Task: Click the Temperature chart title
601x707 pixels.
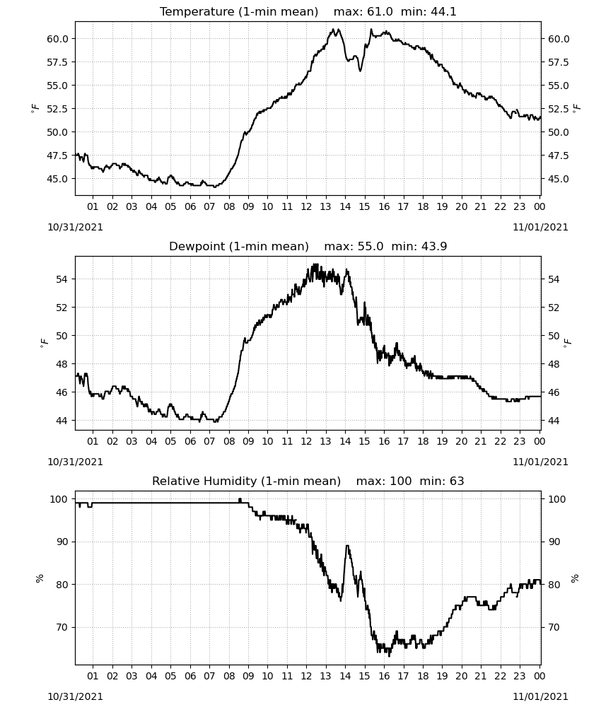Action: (x=308, y=11)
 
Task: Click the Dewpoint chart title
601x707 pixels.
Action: (x=308, y=246)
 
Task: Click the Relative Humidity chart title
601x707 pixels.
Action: (x=308, y=481)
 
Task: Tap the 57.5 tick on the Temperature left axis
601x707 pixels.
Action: (x=58, y=62)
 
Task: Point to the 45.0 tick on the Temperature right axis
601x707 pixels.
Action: (x=559, y=179)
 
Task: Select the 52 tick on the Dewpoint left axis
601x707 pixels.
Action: (x=62, y=308)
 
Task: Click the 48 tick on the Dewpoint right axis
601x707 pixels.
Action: (x=553, y=364)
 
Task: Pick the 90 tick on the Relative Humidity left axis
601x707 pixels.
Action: (x=62, y=542)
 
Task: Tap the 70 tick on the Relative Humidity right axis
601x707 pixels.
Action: (x=553, y=627)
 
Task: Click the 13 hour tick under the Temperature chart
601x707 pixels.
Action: (x=325, y=206)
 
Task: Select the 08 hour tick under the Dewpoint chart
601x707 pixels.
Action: (x=228, y=441)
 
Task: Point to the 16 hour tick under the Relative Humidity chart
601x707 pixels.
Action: (x=384, y=676)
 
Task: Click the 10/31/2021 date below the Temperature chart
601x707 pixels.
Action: (x=75, y=227)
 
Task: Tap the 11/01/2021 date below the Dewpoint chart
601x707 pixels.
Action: (x=540, y=462)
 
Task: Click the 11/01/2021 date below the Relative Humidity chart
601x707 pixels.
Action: (x=540, y=696)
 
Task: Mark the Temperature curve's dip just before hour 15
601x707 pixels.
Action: (x=360, y=71)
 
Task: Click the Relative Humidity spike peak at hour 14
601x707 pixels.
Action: (x=346, y=546)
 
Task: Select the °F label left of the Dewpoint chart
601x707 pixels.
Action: (x=44, y=344)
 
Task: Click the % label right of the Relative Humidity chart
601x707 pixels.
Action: (x=575, y=578)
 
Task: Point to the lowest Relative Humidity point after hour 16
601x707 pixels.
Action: (x=390, y=656)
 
